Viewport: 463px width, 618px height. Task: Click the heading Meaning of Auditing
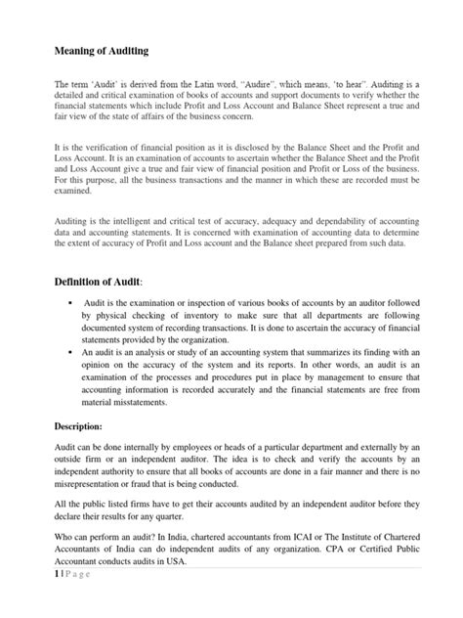coord(101,51)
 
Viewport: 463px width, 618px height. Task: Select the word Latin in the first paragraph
coord(213,85)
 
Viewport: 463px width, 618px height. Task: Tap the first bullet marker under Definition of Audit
coord(71,306)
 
